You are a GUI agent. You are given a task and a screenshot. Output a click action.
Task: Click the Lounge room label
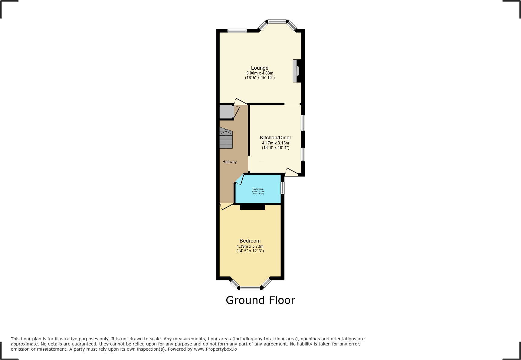tap(260, 68)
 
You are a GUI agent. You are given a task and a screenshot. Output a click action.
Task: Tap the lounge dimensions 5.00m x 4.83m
tap(260, 73)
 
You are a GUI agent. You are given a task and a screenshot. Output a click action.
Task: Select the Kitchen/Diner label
tap(275, 137)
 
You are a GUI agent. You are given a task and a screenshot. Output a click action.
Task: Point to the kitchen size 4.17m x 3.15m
tap(275, 143)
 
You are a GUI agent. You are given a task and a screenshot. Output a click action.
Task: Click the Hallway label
tap(229, 162)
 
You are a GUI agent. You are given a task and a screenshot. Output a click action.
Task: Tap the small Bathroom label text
tap(258, 189)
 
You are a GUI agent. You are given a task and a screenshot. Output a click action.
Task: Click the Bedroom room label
tap(250, 241)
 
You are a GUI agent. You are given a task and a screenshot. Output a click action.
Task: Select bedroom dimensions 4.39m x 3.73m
tap(250, 246)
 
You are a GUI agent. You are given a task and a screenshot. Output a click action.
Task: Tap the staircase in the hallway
tap(226, 139)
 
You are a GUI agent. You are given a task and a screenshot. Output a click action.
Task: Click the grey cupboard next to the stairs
tap(226, 111)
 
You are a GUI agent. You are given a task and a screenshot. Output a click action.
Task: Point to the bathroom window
tap(283, 188)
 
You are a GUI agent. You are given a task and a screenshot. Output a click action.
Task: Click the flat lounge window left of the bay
tap(237, 31)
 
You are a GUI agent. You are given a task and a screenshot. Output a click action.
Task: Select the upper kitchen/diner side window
tap(303, 123)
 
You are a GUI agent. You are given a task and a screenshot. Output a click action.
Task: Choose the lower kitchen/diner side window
tap(303, 154)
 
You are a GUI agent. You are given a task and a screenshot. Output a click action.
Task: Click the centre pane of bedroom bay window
tap(250, 288)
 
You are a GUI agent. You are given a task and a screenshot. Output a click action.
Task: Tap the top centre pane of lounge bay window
tap(277, 21)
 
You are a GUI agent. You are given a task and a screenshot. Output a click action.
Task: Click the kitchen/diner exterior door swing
tap(291, 173)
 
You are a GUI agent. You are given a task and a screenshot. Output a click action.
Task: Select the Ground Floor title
tap(260, 300)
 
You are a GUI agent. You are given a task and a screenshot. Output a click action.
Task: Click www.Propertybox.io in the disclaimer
tap(215, 349)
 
